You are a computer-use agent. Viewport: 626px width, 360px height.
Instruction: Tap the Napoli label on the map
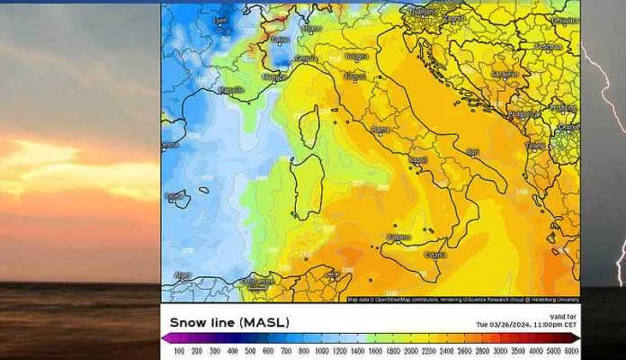tap(417, 160)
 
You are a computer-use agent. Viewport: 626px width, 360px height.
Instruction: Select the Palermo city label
tap(398, 238)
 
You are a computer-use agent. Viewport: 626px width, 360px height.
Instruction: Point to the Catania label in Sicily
tap(435, 255)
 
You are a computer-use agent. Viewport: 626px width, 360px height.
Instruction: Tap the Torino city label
tap(281, 40)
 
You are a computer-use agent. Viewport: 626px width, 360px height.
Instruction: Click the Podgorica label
tap(523, 114)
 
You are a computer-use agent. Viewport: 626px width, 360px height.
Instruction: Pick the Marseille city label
tap(232, 90)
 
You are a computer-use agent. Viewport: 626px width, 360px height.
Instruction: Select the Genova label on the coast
tap(307, 58)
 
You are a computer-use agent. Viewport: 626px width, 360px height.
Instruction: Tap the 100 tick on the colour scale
tap(179, 351)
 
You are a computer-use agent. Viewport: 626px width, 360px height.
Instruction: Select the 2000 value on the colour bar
tap(411, 351)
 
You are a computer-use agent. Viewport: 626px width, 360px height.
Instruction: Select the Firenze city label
tap(355, 77)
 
